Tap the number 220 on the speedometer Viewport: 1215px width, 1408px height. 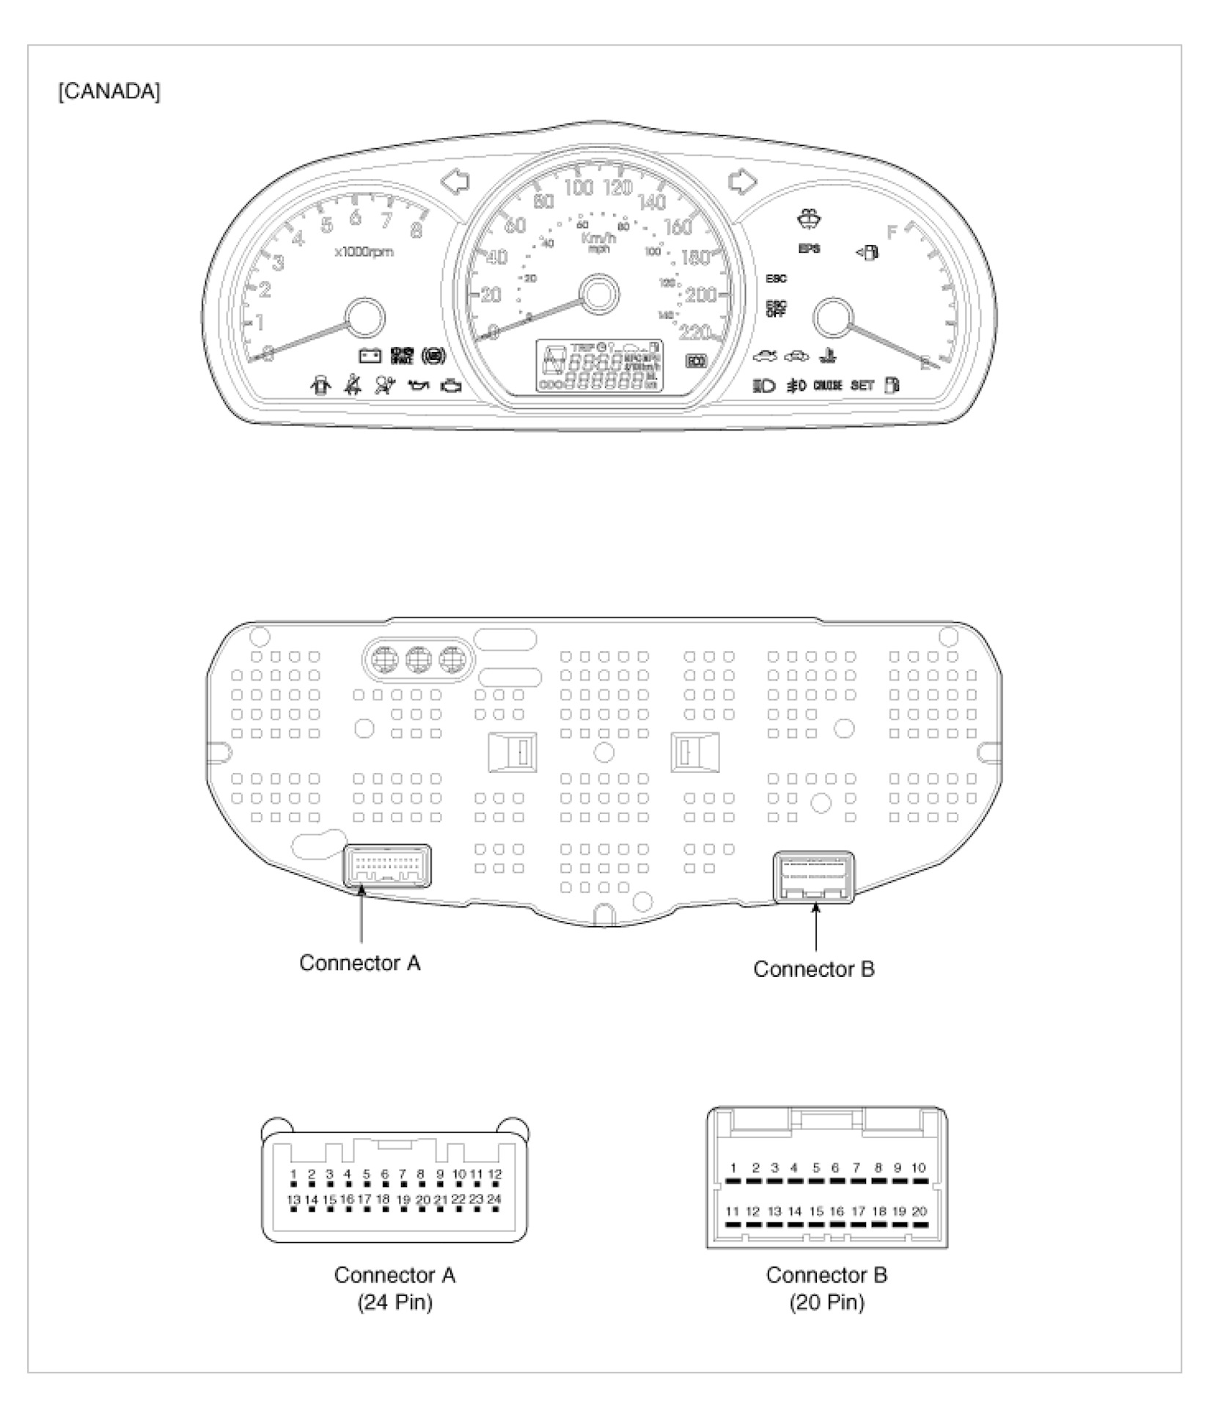tap(694, 333)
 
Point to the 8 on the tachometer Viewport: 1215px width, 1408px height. tap(416, 230)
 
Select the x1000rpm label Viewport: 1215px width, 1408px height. tap(364, 252)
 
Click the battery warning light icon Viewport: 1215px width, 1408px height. tap(370, 356)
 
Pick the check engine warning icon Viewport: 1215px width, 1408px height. tap(452, 386)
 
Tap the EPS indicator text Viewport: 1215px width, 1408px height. tap(810, 249)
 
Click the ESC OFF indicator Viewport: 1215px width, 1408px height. tap(776, 309)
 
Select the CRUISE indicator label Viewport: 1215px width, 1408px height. tap(828, 386)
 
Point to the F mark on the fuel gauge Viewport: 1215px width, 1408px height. tap(892, 232)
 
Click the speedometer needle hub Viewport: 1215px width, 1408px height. tap(599, 295)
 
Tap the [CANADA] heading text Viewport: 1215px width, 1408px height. tap(109, 92)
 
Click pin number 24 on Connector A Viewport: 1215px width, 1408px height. tap(494, 1198)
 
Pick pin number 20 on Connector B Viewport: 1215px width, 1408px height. tap(919, 1211)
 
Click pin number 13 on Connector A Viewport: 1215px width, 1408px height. tap(293, 1199)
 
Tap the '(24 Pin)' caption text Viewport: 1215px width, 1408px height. tap(394, 1302)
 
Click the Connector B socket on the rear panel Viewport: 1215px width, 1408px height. tap(814, 877)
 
